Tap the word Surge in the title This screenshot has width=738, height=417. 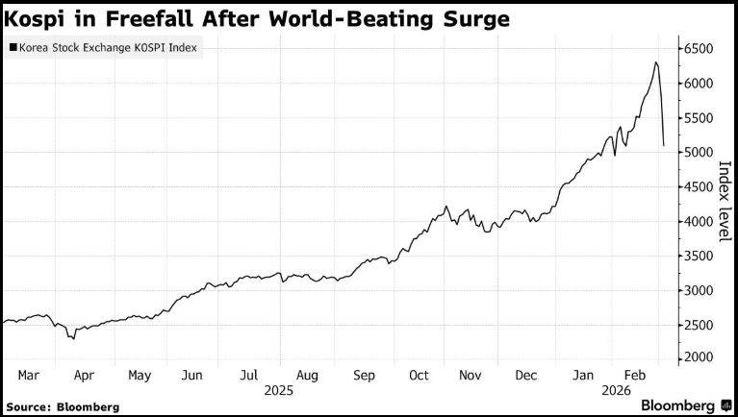[471, 18]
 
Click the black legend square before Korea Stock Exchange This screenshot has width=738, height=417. [12, 46]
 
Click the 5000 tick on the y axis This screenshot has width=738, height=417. [700, 152]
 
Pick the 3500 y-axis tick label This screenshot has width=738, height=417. [700, 256]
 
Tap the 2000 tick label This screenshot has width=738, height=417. [700, 358]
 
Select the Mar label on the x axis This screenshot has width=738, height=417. [28, 376]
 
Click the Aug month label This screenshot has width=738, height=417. [308, 376]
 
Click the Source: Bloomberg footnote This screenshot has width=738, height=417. [63, 406]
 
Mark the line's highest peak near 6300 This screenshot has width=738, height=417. [655, 62]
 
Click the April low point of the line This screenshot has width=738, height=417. [73, 338]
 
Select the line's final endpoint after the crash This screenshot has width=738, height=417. [664, 146]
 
